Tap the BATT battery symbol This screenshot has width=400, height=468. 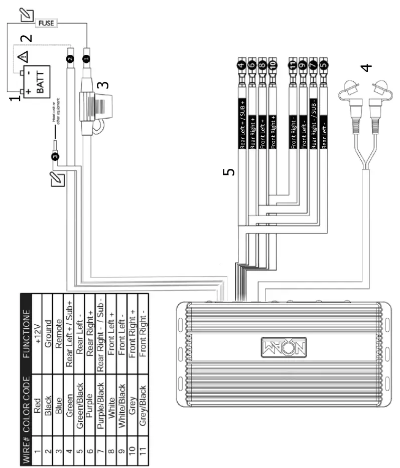tap(36, 79)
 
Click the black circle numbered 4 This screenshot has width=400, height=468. tap(241, 64)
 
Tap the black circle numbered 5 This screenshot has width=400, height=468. tap(323, 64)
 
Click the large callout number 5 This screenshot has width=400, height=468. tap(228, 172)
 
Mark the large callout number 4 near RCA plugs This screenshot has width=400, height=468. tap(367, 67)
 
